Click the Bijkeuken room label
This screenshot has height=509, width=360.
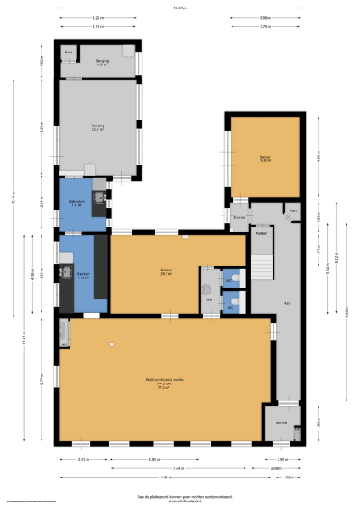[75, 203]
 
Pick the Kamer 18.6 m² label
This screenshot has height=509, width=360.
[265, 158]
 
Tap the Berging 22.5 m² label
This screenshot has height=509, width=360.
[98, 127]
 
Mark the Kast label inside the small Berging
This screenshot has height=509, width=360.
[68, 53]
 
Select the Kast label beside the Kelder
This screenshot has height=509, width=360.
[293, 210]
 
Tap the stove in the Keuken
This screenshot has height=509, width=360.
[65, 273]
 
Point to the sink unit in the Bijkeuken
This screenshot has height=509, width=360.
[100, 199]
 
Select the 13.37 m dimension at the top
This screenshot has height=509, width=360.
[178, 8]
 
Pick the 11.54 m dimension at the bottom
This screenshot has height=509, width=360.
[160, 477]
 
